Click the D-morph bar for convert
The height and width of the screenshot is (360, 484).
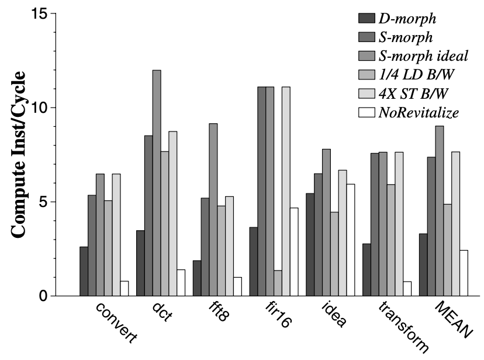[x=84, y=271]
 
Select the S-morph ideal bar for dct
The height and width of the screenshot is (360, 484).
[x=157, y=183]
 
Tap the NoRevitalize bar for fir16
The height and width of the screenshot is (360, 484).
[x=294, y=252]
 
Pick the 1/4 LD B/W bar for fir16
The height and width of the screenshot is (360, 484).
[x=278, y=283]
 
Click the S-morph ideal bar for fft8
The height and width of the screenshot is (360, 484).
[x=213, y=209]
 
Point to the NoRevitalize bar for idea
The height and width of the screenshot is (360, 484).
[x=350, y=240]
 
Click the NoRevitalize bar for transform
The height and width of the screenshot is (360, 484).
[x=407, y=289]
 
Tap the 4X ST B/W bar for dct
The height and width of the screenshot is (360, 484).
[x=173, y=213]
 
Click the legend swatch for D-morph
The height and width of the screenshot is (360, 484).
[x=368, y=17]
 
